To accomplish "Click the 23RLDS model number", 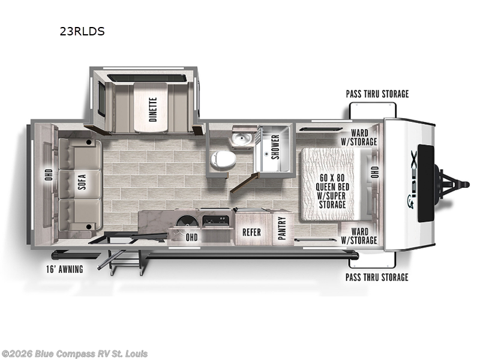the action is click(82, 31).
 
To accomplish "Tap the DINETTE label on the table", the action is click(153, 109).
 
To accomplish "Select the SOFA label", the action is click(82, 182).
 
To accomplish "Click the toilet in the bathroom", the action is click(223, 160).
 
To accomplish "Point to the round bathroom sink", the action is click(242, 139).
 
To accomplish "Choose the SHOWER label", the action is click(275, 147).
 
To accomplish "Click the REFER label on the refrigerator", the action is click(251, 232).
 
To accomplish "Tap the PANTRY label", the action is click(282, 228).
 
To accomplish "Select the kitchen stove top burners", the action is click(216, 221).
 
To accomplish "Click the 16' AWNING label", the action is click(65, 269).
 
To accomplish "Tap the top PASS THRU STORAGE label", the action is click(377, 94).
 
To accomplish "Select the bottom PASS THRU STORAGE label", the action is click(377, 277).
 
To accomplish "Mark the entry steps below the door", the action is click(122, 262).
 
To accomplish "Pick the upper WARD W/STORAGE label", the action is click(359, 137).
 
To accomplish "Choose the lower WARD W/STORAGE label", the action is click(359, 236).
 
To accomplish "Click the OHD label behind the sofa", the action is click(49, 175).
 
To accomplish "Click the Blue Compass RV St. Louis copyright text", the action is click(74, 354).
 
